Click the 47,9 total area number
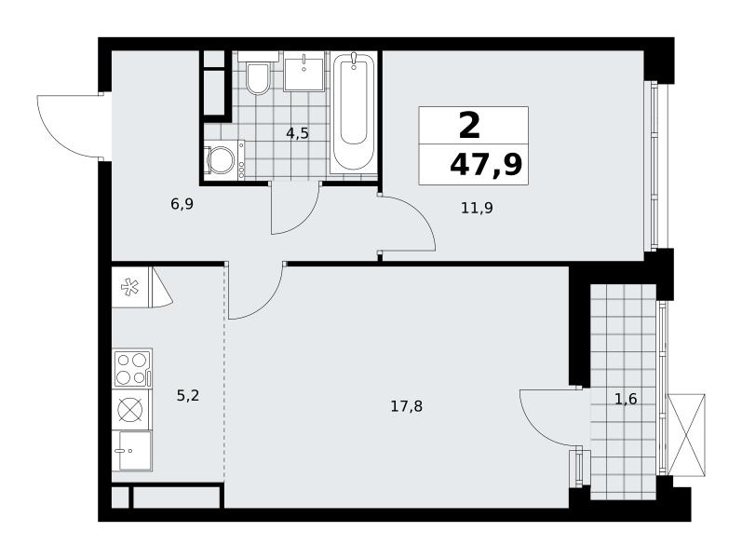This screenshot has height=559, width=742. point(486,165)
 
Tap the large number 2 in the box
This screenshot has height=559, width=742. point(469,126)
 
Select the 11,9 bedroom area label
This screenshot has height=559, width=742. point(477,208)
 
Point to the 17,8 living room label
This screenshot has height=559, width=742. point(407,406)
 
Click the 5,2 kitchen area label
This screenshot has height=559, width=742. point(188,395)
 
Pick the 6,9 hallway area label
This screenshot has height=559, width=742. point(182,205)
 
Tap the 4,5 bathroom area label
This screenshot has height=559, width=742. point(297,133)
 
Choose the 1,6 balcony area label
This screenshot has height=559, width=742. point(626,400)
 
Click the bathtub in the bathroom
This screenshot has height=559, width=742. point(354,113)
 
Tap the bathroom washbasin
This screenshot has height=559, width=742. point(304,73)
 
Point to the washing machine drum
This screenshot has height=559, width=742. point(221,159)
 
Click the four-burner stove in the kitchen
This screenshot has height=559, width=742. point(132,369)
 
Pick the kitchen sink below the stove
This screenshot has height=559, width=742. point(132,451)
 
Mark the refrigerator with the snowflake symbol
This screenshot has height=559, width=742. point(131,288)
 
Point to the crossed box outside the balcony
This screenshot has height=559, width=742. point(686,434)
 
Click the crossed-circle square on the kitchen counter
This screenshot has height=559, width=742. point(130,410)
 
